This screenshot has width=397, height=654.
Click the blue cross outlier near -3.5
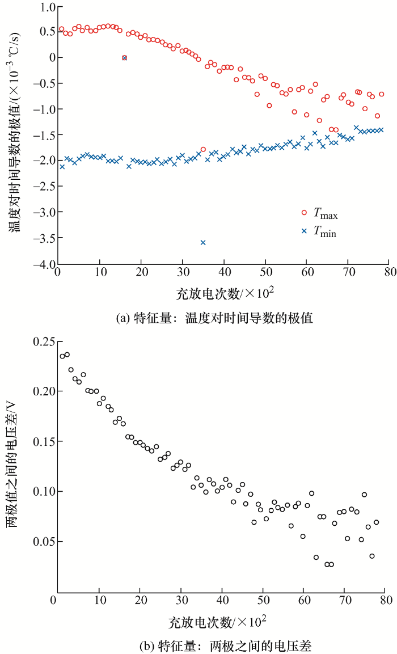coord(203,242)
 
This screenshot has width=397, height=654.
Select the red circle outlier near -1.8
coord(203,149)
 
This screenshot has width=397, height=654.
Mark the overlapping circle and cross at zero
coord(124,58)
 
